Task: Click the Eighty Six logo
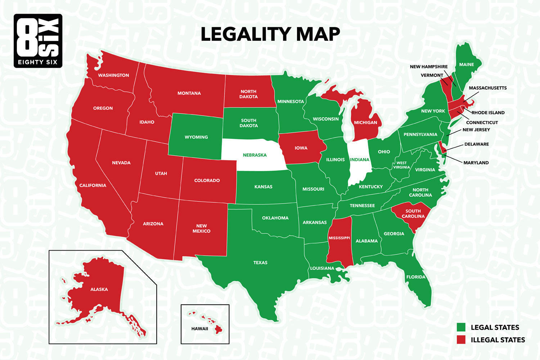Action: [38, 41]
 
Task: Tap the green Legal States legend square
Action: [461, 327]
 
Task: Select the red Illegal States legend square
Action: [461, 339]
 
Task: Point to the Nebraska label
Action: [255, 155]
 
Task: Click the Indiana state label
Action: [359, 160]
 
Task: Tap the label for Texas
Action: [260, 263]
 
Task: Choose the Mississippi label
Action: [339, 238]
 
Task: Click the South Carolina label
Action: [413, 214]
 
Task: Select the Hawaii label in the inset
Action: [199, 329]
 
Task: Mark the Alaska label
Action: [99, 289]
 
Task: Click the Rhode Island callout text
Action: [488, 113]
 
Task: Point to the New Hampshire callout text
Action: [428, 67]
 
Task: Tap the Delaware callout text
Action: [476, 144]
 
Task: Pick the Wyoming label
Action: [196, 137]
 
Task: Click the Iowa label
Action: [301, 148]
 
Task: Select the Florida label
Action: [416, 277]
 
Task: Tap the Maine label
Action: [466, 65]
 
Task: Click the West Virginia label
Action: [401, 165]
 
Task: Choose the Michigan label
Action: [365, 123]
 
